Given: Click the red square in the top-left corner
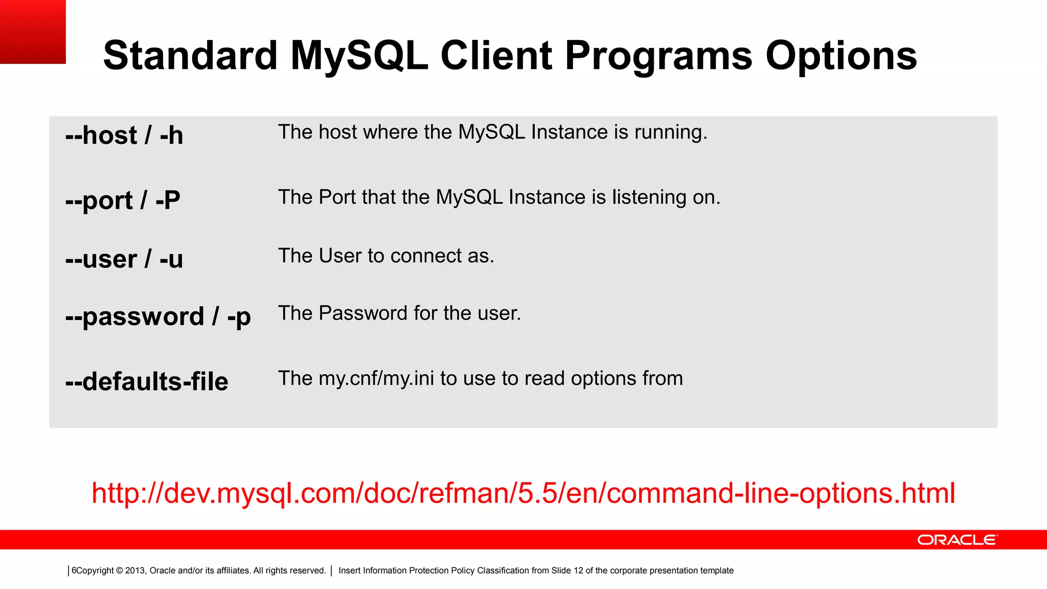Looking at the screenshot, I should pyautogui.click(x=33, y=32).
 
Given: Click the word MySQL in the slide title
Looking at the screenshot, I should pyautogui.click(x=359, y=56).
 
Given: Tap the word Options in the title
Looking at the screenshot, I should pyautogui.click(x=841, y=56).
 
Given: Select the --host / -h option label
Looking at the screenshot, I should pyautogui.click(x=124, y=135).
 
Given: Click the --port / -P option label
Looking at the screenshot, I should pyautogui.click(x=123, y=200).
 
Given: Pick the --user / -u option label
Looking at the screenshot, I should pyautogui.click(x=124, y=259).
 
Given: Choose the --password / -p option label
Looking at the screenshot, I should pyautogui.click(x=158, y=316).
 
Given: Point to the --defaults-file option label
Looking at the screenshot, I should pyautogui.click(x=147, y=381).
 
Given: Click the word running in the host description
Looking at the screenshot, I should pyautogui.click(x=670, y=132).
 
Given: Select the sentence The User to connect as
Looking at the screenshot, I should pyautogui.click(x=386, y=256).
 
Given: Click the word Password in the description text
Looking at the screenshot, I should pyautogui.click(x=363, y=313).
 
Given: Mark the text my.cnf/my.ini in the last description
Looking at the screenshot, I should pyautogui.click(x=376, y=379).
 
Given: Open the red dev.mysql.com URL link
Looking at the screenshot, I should pyautogui.click(x=523, y=493).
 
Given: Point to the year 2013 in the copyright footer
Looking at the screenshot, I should pyautogui.click(x=135, y=571).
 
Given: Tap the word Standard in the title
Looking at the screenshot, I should pyautogui.click(x=190, y=56).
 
